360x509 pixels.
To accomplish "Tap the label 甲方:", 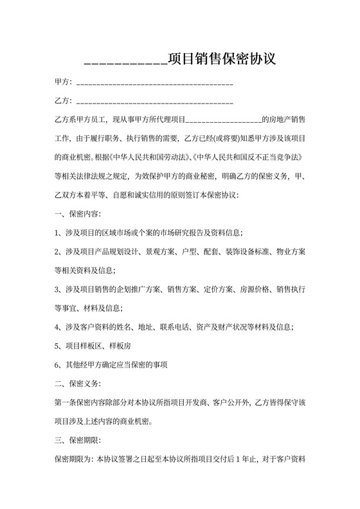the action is click(x=63, y=83).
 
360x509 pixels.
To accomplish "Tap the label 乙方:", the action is click(x=63, y=101).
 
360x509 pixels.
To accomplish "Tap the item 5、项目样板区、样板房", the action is click(x=94, y=346).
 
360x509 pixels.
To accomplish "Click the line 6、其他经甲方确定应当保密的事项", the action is click(x=111, y=365).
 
